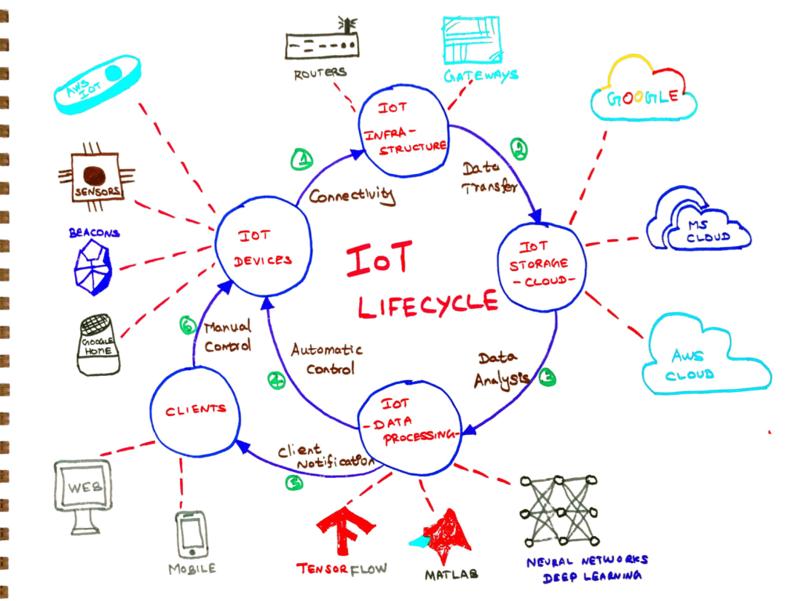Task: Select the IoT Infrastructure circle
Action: click(x=404, y=132)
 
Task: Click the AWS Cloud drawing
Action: click(x=703, y=356)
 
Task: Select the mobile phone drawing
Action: click(x=192, y=536)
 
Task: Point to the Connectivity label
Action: click(x=351, y=195)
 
